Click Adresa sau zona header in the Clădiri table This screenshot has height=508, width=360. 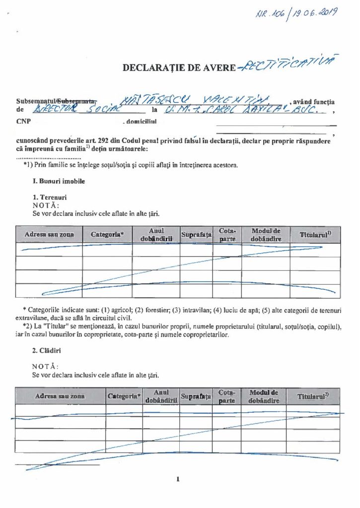pos(60,396)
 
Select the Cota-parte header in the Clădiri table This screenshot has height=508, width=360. pos(226,396)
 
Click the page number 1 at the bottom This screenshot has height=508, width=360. pos(177,479)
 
